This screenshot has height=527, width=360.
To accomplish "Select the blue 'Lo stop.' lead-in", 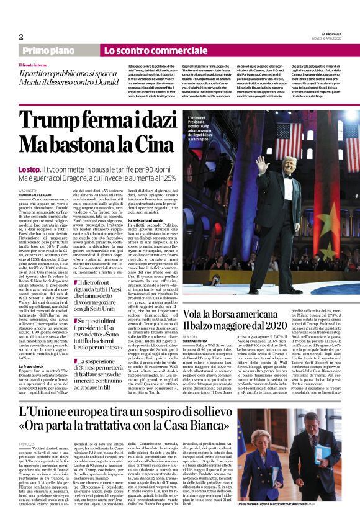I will click(x=29, y=169).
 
